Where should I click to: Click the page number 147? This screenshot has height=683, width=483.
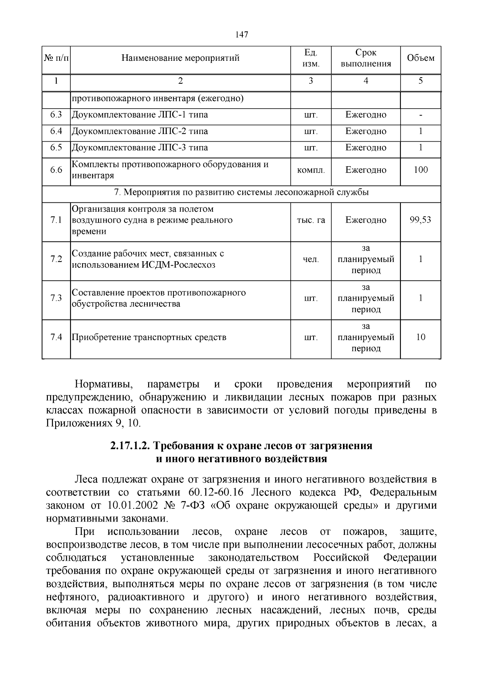click(241, 34)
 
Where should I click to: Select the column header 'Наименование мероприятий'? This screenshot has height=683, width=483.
click(180, 58)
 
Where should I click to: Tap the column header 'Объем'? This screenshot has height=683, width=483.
click(421, 58)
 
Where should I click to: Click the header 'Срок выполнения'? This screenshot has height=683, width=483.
click(365, 58)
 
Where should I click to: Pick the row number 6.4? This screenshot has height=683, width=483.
click(56, 131)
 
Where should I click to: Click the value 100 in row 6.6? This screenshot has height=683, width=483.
click(421, 170)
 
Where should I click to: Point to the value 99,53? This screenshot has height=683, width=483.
click(421, 220)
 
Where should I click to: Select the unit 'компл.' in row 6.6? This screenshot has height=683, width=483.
click(311, 170)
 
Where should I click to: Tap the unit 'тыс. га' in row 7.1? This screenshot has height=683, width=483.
click(311, 220)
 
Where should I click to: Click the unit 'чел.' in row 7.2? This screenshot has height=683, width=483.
click(311, 260)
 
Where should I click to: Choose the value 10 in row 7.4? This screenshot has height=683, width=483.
click(421, 337)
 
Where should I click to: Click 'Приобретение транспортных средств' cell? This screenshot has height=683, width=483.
click(149, 337)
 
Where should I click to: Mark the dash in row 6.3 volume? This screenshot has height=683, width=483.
click(421, 115)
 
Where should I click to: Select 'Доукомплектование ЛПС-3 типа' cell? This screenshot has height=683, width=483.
click(140, 148)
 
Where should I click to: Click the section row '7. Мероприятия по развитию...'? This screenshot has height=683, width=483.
click(242, 192)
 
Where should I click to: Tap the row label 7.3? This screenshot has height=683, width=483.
click(56, 298)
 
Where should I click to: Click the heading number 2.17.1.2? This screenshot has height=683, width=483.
click(130, 446)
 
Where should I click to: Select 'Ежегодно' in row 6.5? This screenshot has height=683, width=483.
click(365, 148)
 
